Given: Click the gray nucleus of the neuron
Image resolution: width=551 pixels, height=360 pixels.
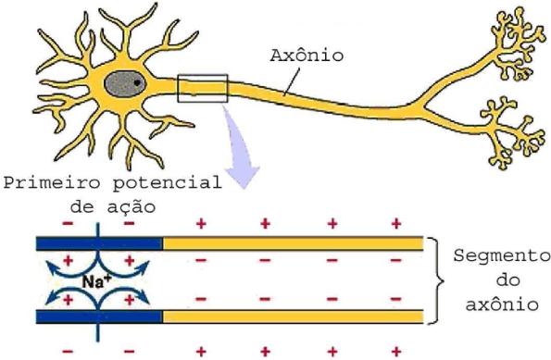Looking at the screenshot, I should pos(126,85).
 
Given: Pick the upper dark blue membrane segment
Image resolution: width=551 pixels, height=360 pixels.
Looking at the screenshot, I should pos(99,244).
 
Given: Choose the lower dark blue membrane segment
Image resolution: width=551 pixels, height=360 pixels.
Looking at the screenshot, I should pos(99,317).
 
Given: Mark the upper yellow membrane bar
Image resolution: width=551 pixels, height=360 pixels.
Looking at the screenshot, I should pos(293,244).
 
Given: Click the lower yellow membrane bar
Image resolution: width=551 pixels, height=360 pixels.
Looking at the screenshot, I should pos(293,317).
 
